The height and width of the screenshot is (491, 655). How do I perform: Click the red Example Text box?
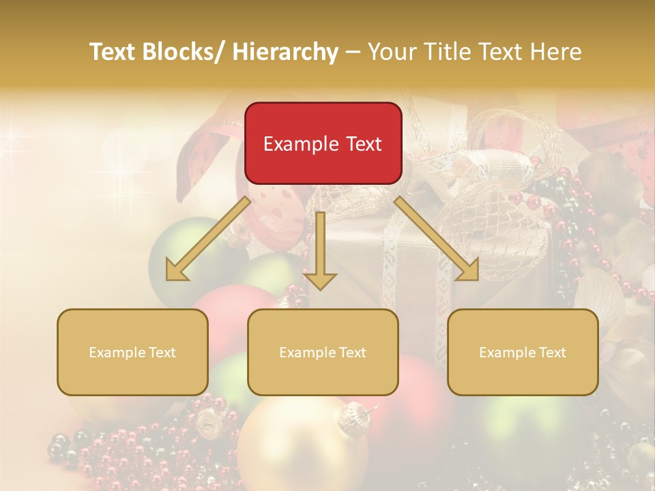[x=323, y=143]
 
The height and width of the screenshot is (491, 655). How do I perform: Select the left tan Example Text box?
[x=132, y=352]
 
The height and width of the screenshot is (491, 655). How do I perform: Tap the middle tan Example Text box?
[x=323, y=352]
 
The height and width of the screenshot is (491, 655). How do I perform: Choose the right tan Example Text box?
[x=523, y=352]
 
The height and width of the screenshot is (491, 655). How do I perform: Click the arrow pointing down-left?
[x=208, y=239]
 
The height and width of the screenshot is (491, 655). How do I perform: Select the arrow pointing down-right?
[x=437, y=239]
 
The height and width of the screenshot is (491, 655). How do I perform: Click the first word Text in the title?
[x=112, y=52]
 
